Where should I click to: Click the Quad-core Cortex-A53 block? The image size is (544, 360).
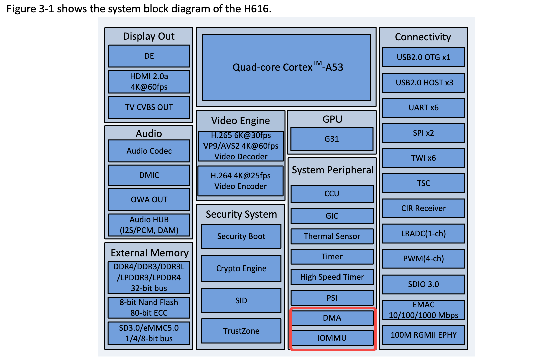287,67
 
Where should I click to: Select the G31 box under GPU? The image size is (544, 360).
332,139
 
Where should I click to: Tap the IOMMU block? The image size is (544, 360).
332,338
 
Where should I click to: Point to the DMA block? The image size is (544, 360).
332,318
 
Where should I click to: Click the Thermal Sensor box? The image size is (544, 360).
332,236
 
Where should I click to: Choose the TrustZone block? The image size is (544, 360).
241,331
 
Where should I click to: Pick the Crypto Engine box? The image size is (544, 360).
241,268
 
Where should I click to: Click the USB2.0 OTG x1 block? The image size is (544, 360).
423,57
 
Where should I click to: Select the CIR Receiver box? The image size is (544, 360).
423,208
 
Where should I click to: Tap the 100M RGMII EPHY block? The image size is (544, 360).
423,335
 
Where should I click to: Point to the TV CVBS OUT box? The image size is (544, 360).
149,107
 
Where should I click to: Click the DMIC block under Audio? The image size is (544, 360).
149,175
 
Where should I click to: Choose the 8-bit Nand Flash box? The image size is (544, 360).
149,307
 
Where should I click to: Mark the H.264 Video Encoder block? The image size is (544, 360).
241,181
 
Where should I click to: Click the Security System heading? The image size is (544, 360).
241,214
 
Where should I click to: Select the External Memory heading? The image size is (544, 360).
149,253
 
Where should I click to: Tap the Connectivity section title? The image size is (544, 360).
423,37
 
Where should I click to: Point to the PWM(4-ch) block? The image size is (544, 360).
423,259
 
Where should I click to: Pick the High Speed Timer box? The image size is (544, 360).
332,277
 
